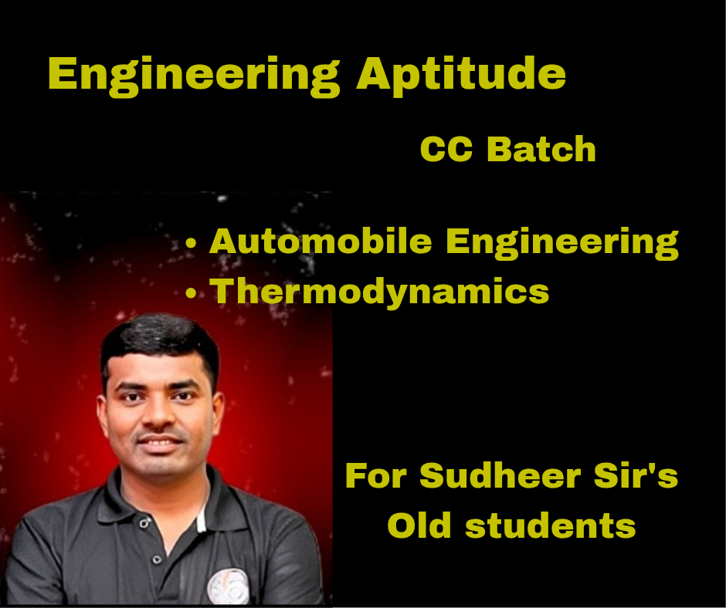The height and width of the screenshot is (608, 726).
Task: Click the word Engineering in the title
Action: click(x=194, y=76)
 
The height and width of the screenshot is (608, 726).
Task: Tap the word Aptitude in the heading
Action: click(x=461, y=76)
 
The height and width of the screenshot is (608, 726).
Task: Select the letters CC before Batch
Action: click(x=447, y=150)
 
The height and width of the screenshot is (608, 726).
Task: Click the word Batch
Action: click(x=541, y=150)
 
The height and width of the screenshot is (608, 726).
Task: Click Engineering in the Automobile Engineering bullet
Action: click(x=562, y=243)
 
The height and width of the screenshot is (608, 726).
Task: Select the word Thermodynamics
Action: click(x=379, y=291)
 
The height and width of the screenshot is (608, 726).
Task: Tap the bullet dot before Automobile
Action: click(x=192, y=244)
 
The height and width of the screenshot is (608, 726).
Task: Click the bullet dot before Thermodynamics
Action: click(x=192, y=293)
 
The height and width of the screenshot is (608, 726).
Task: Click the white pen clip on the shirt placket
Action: click(x=201, y=522)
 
